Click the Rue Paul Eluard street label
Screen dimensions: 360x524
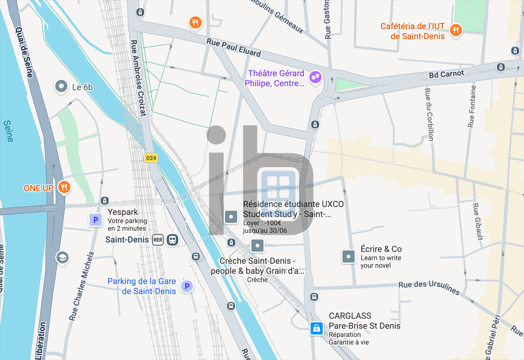coord(234,48)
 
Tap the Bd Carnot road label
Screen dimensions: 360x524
coord(446,74)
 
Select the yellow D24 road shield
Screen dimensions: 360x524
coord(150,158)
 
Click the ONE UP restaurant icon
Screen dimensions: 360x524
coord(64,188)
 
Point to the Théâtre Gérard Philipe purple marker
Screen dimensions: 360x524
coord(316,78)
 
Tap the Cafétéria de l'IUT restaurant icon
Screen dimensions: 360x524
coord(455,31)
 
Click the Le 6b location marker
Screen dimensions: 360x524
coord(61,86)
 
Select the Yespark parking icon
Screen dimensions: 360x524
coord(95,220)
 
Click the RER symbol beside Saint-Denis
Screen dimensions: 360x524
coord(158,240)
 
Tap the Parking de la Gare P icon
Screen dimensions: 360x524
coord(187,286)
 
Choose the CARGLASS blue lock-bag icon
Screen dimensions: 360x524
coord(317,328)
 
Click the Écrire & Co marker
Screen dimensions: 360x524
coord(348,256)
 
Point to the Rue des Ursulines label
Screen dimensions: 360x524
coord(429,288)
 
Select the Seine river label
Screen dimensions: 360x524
coord(8,131)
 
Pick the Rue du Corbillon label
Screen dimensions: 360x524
coord(429,114)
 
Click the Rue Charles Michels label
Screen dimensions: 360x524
coord(81,286)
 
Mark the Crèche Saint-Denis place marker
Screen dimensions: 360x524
coord(257,246)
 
